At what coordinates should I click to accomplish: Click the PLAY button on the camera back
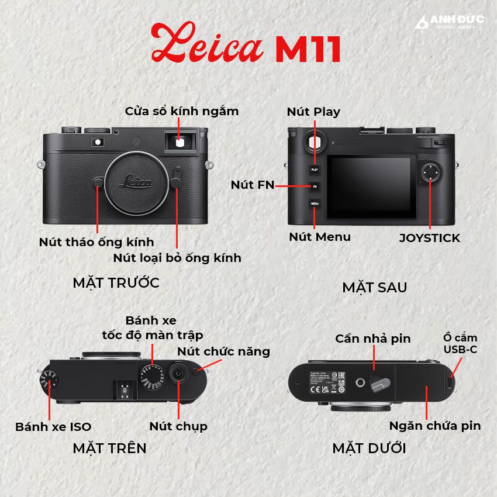click(315, 170)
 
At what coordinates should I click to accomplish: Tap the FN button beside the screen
click(315, 187)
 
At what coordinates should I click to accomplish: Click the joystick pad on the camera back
click(430, 172)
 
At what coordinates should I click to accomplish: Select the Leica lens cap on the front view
click(136, 183)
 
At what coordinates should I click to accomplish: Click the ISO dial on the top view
click(49, 379)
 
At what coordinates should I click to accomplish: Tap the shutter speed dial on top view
click(153, 377)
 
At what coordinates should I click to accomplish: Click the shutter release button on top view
click(178, 373)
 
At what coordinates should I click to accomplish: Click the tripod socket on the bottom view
click(360, 382)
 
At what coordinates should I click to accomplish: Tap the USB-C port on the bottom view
click(450, 382)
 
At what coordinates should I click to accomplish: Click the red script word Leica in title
click(208, 43)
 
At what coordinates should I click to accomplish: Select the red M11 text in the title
click(308, 49)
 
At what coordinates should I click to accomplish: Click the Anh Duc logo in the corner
click(449, 22)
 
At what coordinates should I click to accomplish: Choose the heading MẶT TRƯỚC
click(116, 283)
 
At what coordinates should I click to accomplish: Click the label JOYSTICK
click(430, 238)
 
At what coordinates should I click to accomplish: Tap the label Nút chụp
click(178, 427)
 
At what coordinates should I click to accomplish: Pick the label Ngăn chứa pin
click(435, 426)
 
